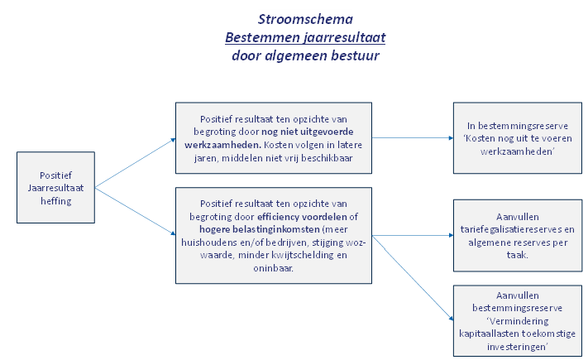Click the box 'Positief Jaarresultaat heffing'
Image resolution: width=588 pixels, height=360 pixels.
(x=55, y=188)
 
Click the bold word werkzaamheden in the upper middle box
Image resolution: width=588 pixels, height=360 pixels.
(x=222, y=143)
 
